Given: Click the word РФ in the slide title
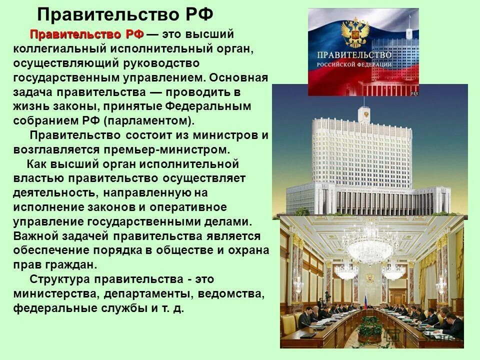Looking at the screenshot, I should [x=197, y=14].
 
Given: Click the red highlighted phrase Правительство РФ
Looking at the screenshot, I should [x=86, y=34].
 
